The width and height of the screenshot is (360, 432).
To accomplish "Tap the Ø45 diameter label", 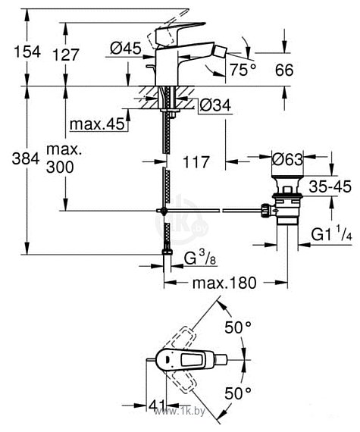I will pos(126,49).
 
